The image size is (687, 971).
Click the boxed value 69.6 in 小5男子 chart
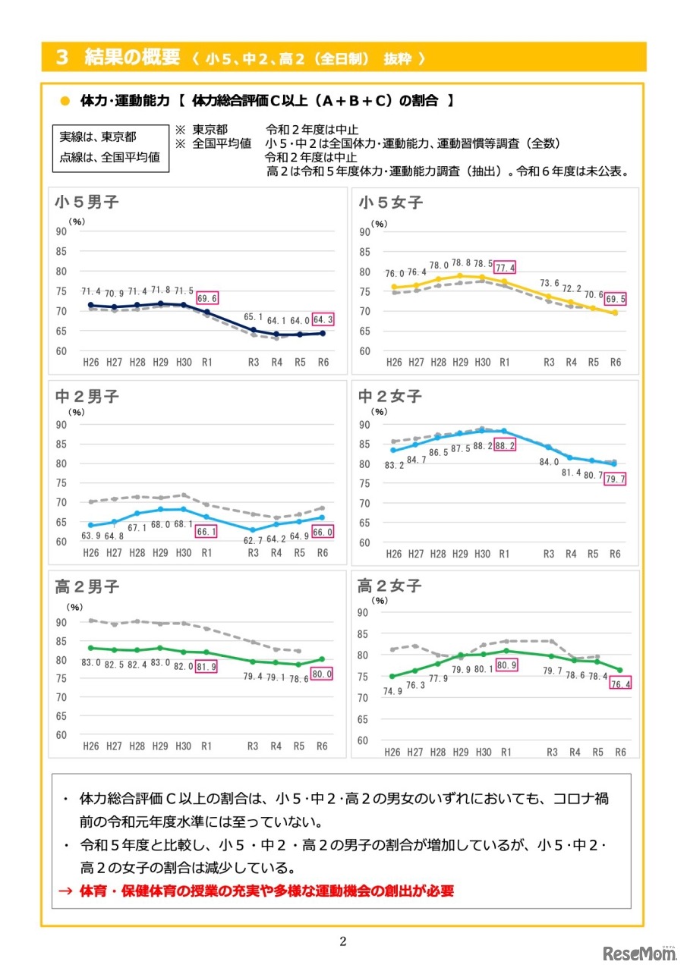coord(206,299)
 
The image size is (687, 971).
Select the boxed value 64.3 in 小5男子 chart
coord(323,319)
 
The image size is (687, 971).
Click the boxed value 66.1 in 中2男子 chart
coord(206,533)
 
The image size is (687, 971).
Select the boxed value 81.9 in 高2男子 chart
coord(206,668)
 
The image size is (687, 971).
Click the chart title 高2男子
coord(87,586)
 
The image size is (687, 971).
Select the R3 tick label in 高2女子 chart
coord(550,752)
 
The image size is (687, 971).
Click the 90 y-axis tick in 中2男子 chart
coord(61,424)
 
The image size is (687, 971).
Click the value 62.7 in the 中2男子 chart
coord(254,541)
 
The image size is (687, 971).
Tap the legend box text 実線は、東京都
coord(99,137)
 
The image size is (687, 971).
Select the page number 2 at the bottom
coord(343,942)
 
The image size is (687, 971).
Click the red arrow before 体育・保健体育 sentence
coord(67,891)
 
